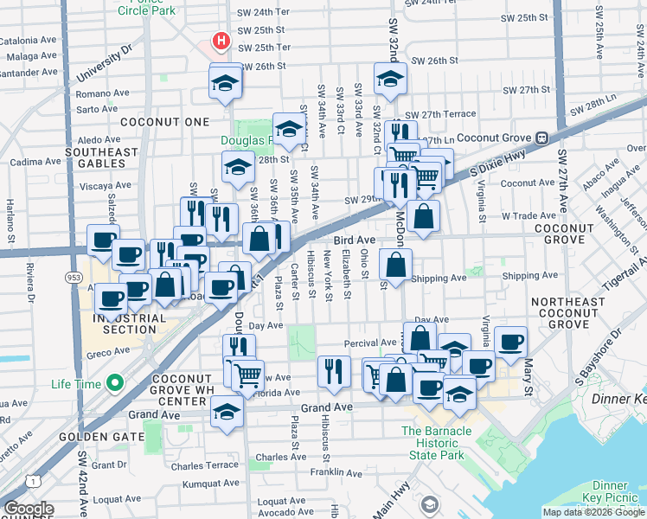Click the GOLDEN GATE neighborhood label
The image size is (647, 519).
pos(96,437)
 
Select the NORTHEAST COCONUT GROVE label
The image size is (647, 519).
pos(568,312)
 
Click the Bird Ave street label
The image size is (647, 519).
pos(356,240)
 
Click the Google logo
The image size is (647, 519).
pos(29,509)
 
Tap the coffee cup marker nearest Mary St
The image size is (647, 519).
pos(511,341)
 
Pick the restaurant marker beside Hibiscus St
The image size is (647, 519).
pos(334,371)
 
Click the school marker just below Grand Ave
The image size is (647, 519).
pos(227,412)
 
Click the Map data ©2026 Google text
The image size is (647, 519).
pos(593,512)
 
